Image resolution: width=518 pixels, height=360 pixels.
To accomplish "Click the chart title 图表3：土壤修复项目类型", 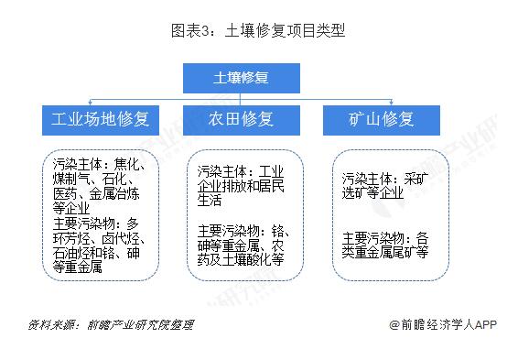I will [x=258, y=30].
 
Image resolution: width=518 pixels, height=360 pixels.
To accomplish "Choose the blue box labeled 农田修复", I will [x=242, y=120].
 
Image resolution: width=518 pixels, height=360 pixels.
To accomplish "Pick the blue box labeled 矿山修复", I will [x=382, y=120].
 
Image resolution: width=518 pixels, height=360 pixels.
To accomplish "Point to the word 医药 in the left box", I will [x=65, y=194].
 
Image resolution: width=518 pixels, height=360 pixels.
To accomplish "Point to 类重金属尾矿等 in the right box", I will [x=385, y=251].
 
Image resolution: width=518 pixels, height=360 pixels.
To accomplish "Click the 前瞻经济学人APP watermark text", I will [x=448, y=325].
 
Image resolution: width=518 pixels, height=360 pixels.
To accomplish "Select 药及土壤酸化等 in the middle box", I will [x=240, y=259].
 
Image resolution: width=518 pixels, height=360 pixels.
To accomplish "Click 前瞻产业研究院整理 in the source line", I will [x=139, y=325].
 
